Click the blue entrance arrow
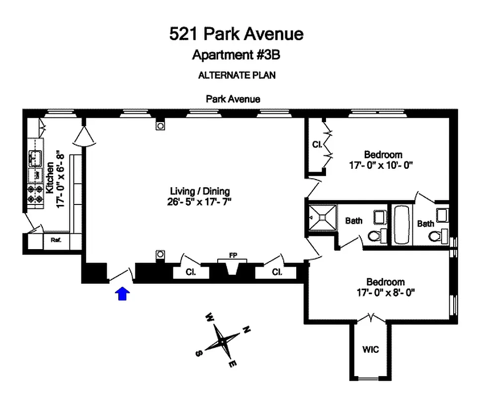(122, 294)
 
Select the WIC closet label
(371, 350)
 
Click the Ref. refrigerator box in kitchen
(55, 240)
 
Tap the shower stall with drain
(322, 217)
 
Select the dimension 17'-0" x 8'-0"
(382, 292)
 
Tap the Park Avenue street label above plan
(233, 99)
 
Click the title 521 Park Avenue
(236, 34)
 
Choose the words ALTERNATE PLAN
(237, 75)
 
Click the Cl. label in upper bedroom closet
(316, 145)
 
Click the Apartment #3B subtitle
(237, 55)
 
